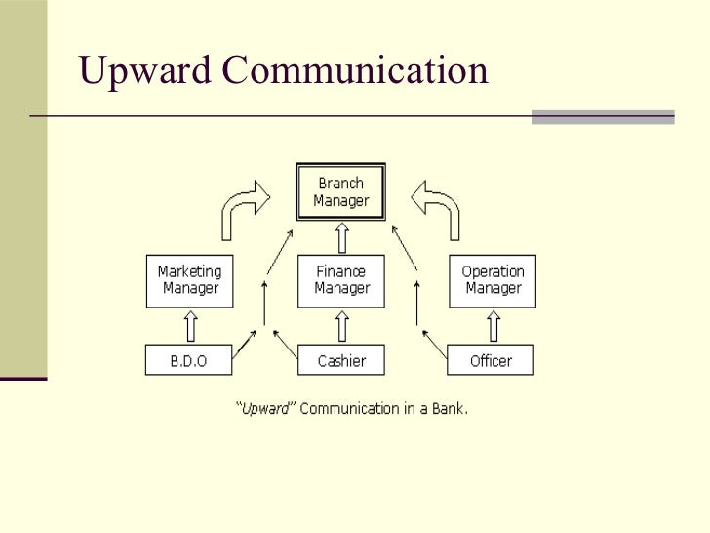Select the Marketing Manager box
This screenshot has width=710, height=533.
tap(191, 279)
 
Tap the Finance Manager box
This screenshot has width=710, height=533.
tap(341, 279)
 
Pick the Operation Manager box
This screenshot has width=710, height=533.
tap(493, 279)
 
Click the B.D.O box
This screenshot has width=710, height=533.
tap(190, 361)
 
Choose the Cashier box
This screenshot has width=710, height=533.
tap(341, 361)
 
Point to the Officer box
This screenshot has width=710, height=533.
tap(492, 361)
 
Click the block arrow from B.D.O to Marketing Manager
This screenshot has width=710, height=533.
tap(191, 324)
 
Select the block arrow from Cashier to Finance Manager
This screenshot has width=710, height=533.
tap(341, 324)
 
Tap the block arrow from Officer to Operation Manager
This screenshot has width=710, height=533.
tap(493, 324)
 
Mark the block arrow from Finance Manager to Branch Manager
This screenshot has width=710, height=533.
tap(341, 237)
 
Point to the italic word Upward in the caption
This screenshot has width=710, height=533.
tap(268, 408)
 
